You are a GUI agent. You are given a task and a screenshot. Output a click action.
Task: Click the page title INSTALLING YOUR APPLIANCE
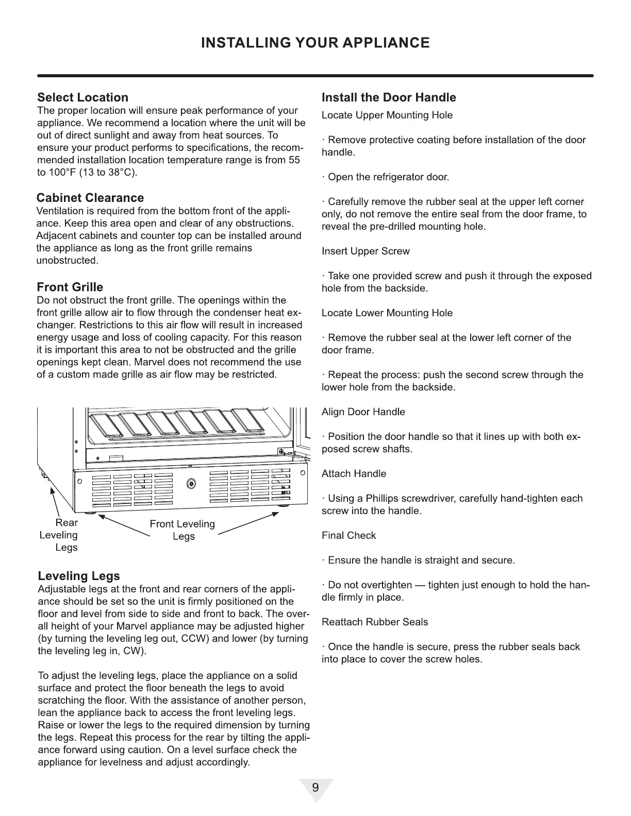click(x=315, y=42)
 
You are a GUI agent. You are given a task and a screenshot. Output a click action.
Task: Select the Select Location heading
click(x=82, y=97)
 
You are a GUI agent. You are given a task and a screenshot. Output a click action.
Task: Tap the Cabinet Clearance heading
click(x=90, y=198)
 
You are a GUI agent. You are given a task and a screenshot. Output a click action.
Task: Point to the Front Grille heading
click(x=70, y=287)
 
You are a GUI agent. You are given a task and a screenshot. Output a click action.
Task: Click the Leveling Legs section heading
click(x=79, y=576)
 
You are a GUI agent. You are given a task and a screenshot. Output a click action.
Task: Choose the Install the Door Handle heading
click(x=389, y=97)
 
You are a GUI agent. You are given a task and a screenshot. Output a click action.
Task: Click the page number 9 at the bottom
click(x=315, y=788)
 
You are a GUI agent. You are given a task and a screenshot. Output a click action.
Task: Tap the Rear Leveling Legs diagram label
click(x=59, y=535)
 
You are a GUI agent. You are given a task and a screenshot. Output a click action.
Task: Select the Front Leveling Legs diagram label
click(x=182, y=530)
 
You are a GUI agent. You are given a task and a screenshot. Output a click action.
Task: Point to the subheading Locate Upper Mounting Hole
click(x=387, y=115)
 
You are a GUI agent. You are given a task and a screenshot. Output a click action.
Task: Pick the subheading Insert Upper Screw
click(x=366, y=251)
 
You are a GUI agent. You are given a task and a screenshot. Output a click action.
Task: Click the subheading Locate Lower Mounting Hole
click(x=387, y=313)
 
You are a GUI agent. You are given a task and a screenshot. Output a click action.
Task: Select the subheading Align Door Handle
click(x=363, y=412)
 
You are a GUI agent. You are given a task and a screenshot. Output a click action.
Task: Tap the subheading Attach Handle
click(x=354, y=474)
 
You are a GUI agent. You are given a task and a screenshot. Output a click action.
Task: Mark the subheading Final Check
click(x=348, y=536)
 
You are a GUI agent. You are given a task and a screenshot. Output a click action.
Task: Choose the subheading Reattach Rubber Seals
click(x=374, y=622)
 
